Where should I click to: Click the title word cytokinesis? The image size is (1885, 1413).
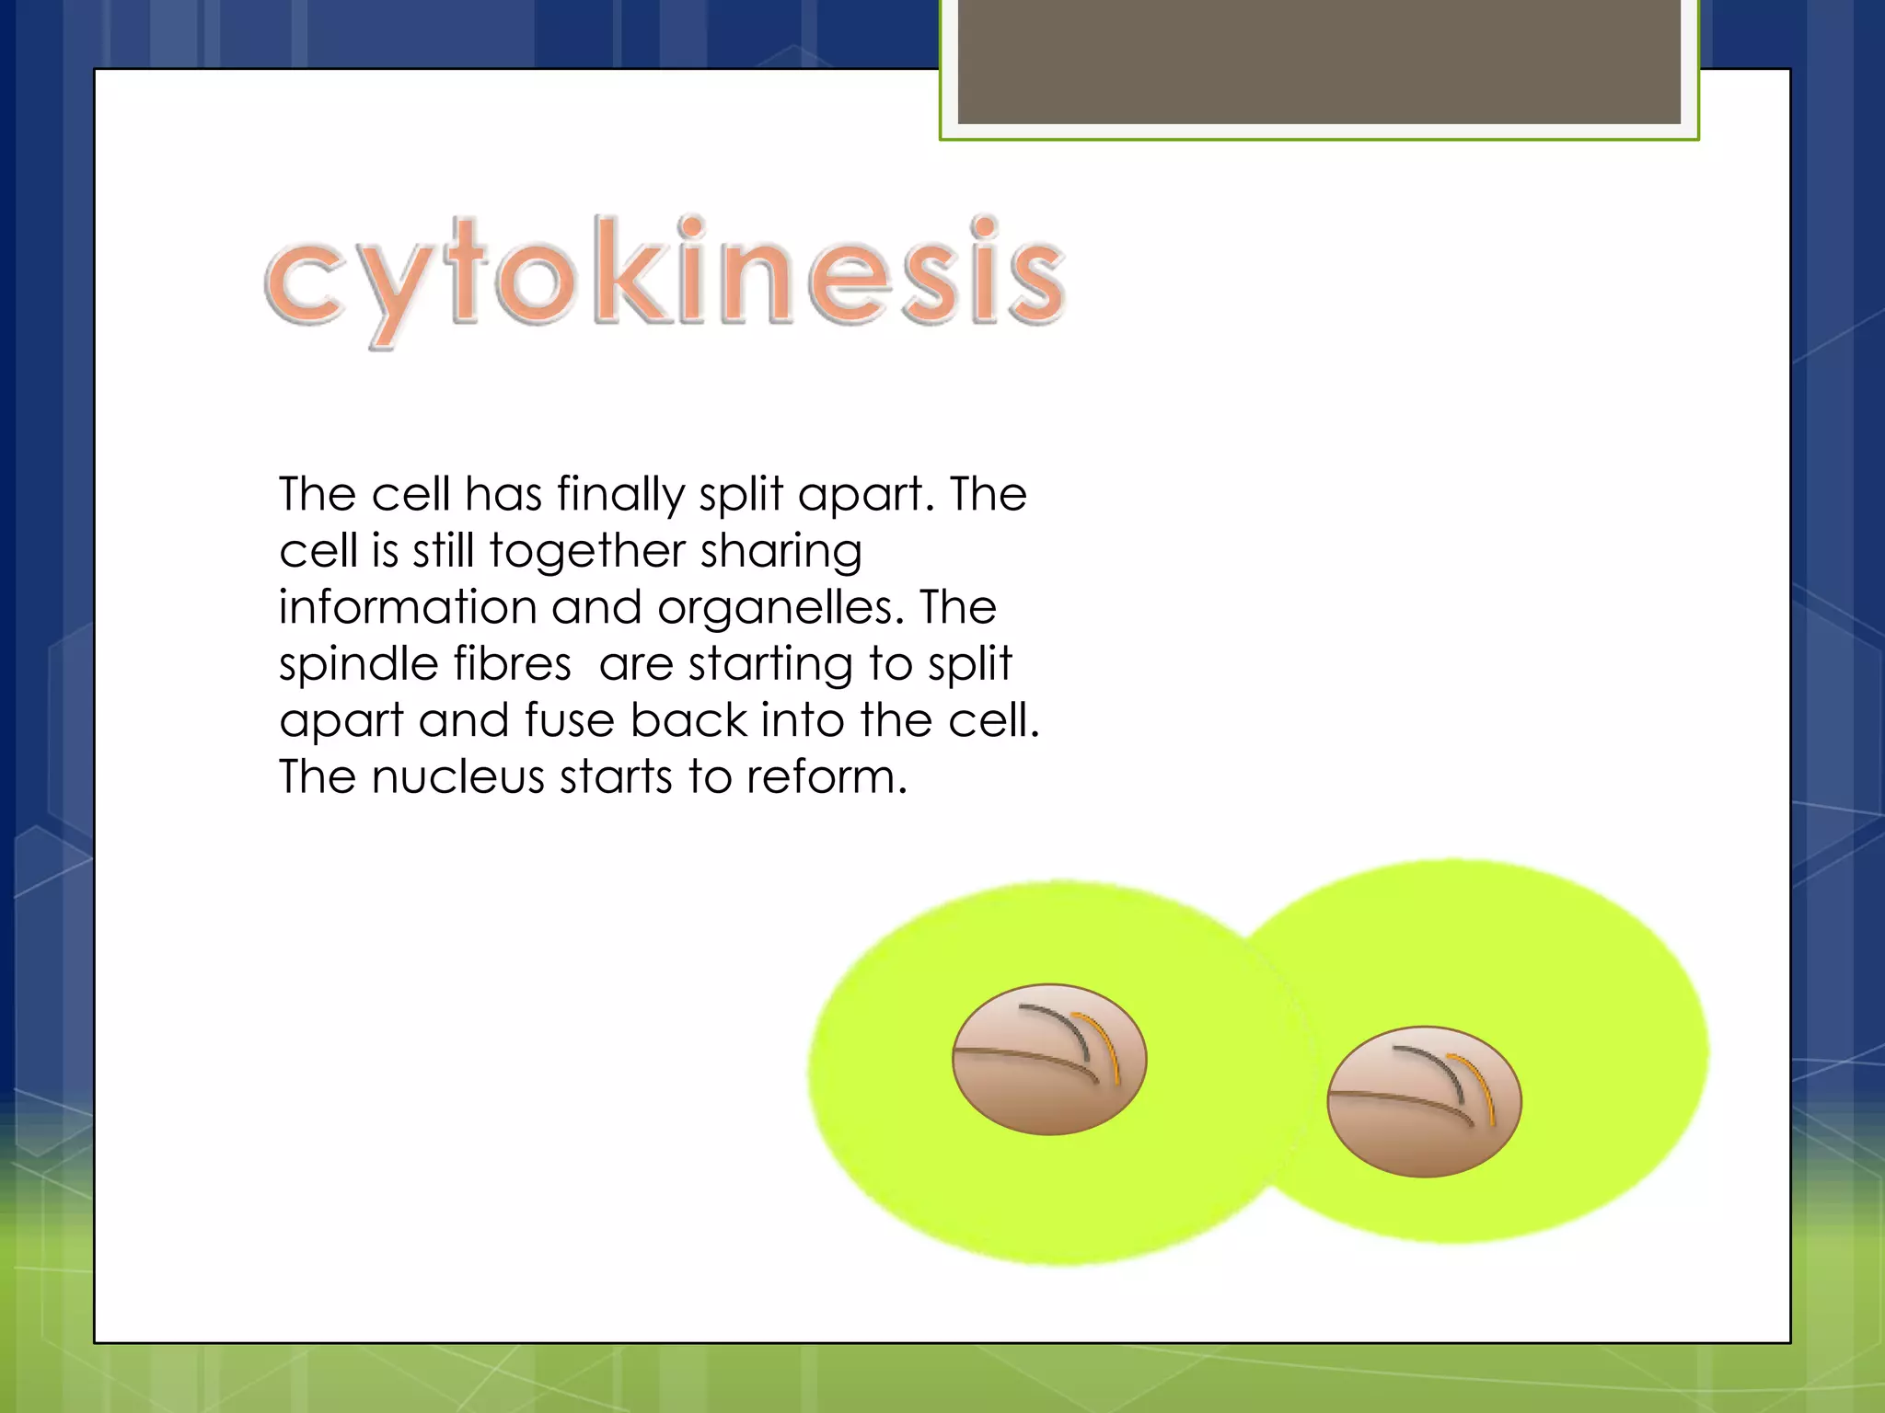click(665, 276)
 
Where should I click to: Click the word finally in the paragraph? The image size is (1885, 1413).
click(621, 495)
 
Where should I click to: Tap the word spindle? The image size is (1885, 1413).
click(353, 665)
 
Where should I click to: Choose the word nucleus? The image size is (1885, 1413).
click(457, 777)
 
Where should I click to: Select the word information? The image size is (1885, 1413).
click(408, 607)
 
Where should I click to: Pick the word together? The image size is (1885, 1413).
click(586, 552)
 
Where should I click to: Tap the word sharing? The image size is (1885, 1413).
click(781, 552)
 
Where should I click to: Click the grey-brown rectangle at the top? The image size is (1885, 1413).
click(1319, 61)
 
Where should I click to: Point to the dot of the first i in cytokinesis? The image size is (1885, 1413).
click(689, 226)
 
